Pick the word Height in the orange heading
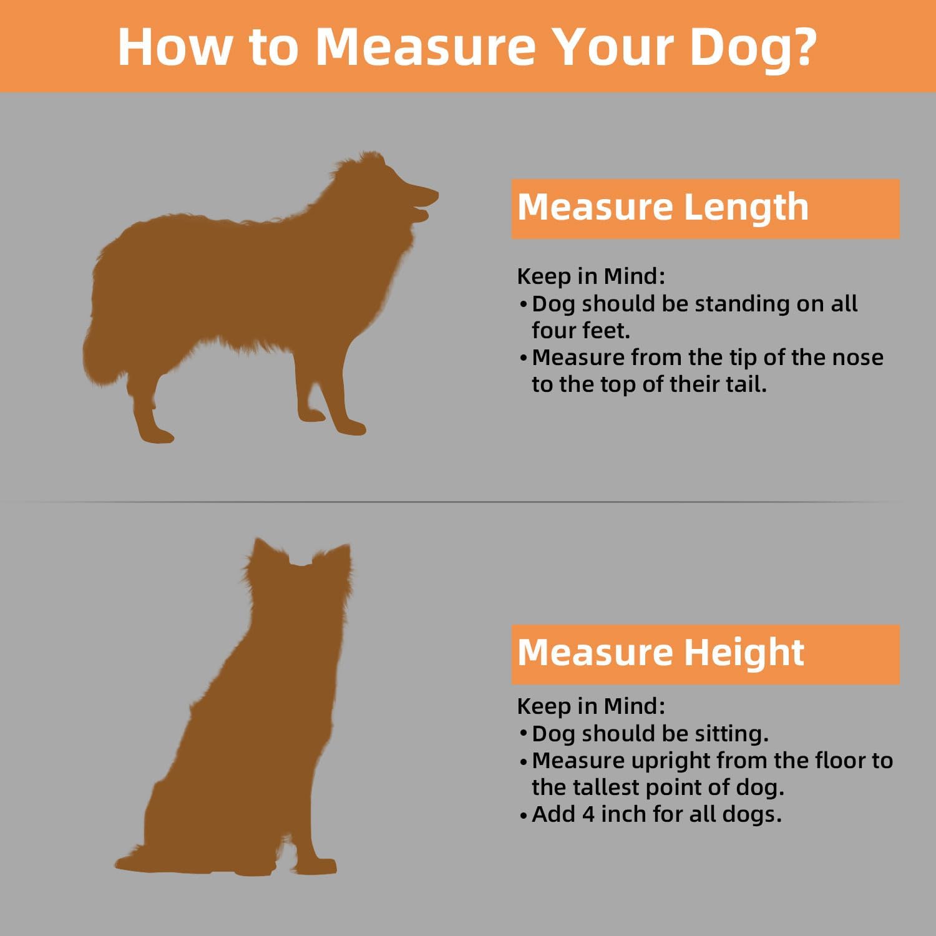point(744,654)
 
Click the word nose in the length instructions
point(857,358)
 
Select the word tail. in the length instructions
point(746,384)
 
